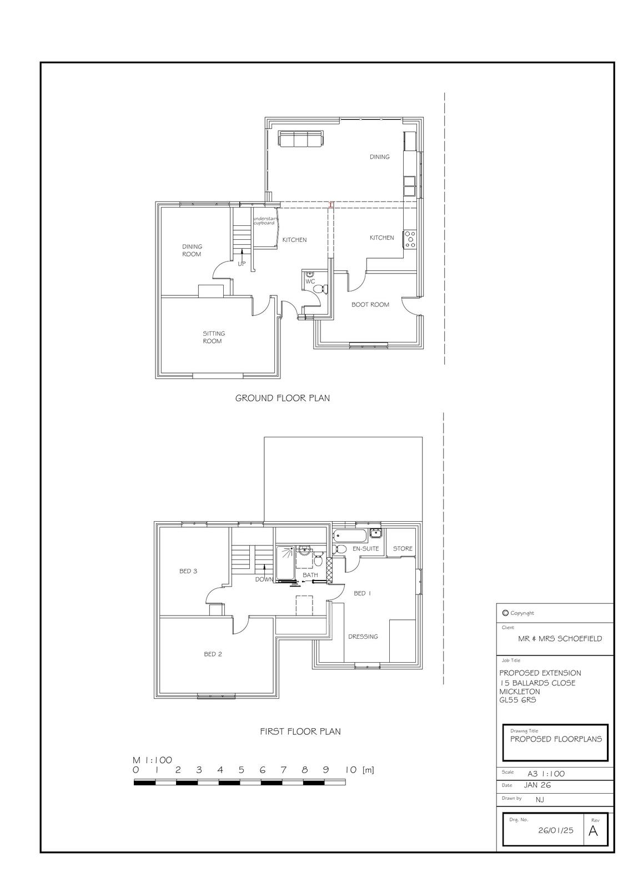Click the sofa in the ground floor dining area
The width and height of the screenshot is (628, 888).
coord(301,139)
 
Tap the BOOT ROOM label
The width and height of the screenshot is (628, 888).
coord(370,305)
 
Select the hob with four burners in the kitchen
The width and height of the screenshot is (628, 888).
coord(409,239)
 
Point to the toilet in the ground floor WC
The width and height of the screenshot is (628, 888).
coord(321,289)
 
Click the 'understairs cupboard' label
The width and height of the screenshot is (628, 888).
coord(264,221)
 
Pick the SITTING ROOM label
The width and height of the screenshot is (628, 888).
coord(213,337)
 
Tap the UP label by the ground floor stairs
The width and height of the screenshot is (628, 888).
coord(242,264)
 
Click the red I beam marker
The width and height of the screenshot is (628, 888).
coord(331,205)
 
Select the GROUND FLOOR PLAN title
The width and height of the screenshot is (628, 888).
coord(283,398)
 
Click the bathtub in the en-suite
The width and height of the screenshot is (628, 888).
coord(349,536)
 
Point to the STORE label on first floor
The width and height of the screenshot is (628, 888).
coord(403,549)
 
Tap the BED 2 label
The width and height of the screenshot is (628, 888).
coord(213,654)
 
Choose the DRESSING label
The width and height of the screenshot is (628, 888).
coord(363,637)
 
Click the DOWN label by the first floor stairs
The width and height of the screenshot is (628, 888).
coord(264,579)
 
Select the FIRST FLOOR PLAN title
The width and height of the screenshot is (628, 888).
coord(300,731)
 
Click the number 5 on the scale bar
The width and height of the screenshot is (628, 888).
coord(241,770)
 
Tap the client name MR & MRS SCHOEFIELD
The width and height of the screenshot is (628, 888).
coord(560,639)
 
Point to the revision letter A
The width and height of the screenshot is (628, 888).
coord(593,830)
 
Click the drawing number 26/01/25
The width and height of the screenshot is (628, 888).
coord(556,830)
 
